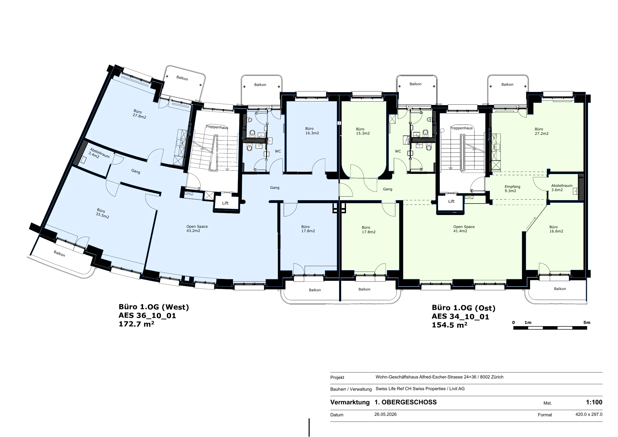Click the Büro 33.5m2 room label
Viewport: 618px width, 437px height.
pos(102,213)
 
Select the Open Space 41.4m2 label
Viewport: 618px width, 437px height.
pos(464,229)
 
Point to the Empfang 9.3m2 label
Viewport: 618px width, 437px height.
pos(512,189)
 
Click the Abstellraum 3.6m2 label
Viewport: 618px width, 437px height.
pos(562,188)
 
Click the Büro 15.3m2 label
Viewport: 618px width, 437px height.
pos(363,131)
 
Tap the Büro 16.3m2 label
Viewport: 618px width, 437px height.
pos(312,131)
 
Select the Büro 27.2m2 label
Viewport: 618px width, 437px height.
pos(541,131)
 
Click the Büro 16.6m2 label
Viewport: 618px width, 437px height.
pos(556,229)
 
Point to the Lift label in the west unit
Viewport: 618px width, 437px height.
pos(225,203)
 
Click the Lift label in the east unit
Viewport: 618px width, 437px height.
pos(451,201)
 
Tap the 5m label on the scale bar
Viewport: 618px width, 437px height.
pos(587,323)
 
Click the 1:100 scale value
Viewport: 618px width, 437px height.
pos(594,402)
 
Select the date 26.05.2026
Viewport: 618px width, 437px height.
pos(385,414)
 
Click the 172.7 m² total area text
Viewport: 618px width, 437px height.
pos(137,324)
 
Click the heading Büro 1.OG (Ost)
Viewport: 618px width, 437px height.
pos(464,308)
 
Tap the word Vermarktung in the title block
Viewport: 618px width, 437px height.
pos(350,402)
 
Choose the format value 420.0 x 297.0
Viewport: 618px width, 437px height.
pos(589,414)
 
